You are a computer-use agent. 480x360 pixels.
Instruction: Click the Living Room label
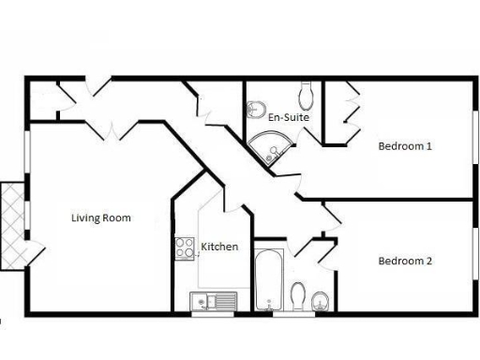tap(101, 217)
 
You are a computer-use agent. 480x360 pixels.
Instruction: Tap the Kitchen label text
tap(219, 247)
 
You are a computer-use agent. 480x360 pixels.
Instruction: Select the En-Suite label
tap(289, 117)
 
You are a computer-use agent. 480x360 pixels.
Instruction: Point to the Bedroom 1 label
tap(405, 146)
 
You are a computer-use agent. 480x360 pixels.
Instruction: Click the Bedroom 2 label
tap(405, 261)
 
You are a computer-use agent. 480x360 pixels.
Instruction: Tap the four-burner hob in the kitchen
tap(184, 247)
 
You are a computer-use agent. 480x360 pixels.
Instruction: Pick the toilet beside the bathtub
tap(299, 296)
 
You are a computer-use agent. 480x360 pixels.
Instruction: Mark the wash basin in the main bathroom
tap(320, 300)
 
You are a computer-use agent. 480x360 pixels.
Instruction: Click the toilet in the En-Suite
tap(307, 95)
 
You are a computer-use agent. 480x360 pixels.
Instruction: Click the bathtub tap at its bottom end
tap(268, 304)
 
